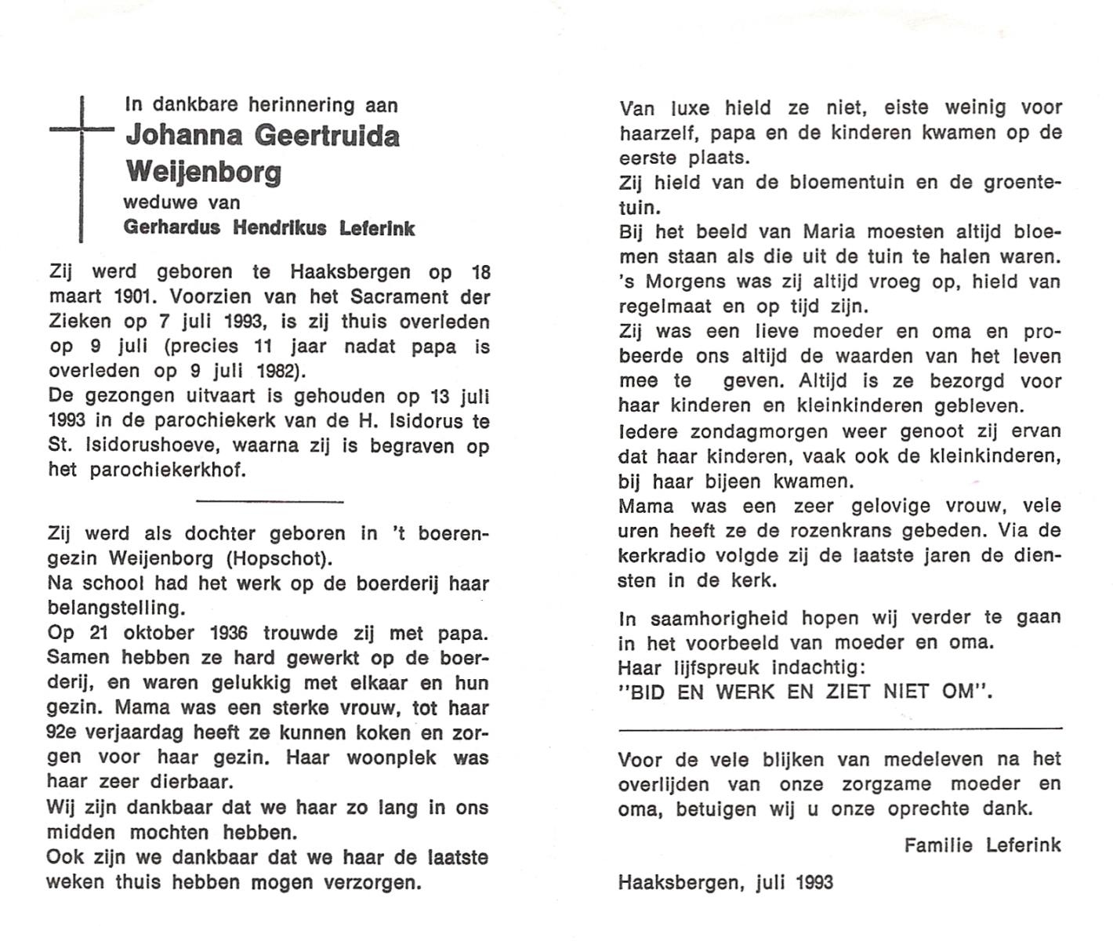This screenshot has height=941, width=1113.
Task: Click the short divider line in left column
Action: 269,500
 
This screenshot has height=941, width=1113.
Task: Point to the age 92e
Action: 65,733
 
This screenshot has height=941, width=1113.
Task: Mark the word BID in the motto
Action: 645,692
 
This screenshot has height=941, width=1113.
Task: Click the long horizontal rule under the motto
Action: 839,728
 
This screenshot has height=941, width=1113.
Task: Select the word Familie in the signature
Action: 937,845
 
